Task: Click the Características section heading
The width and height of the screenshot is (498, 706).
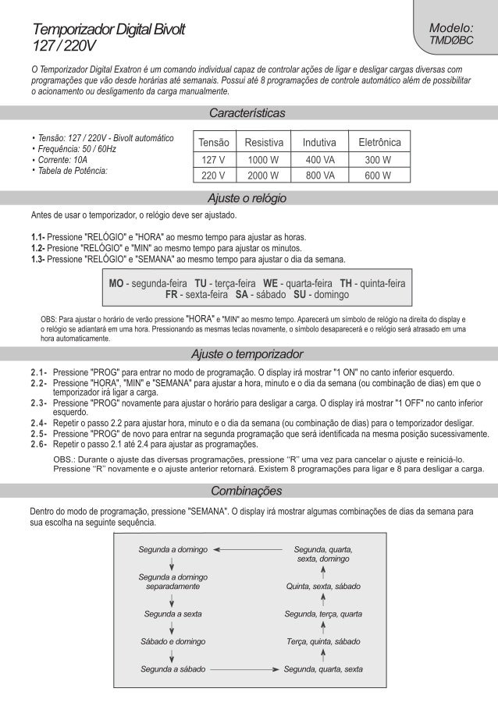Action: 247,113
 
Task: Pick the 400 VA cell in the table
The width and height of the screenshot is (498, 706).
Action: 320,159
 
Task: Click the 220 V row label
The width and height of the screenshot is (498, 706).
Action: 213,175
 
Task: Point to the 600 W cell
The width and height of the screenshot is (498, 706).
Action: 378,175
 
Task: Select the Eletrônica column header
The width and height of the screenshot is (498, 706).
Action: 379,143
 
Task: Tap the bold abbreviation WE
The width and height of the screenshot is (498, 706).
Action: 271,282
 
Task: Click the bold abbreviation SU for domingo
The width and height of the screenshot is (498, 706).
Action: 299,295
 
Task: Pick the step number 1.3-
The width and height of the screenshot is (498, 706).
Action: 37,258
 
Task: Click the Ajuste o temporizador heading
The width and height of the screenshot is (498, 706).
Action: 247,353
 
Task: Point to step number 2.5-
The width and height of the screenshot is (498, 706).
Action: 39,431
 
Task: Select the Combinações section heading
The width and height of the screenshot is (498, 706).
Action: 247,492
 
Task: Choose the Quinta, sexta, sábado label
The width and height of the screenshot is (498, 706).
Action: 323,586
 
